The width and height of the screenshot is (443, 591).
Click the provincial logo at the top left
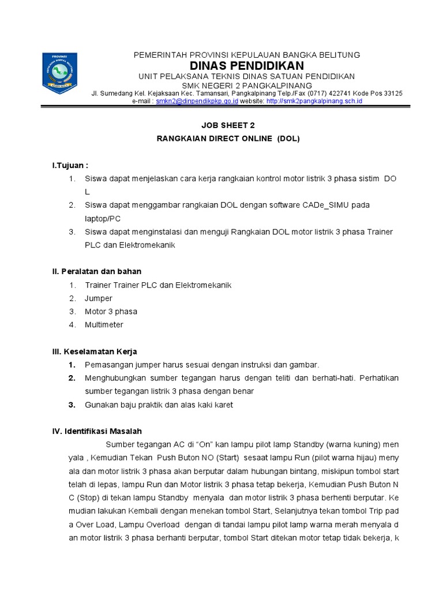click(60, 74)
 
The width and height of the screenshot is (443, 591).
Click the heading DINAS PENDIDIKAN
click(247, 66)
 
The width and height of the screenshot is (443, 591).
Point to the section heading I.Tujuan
click(70, 166)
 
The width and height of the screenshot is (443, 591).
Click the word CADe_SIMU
click(325, 205)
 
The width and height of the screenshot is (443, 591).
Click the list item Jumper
click(99, 298)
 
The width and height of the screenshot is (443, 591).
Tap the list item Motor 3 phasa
click(111, 312)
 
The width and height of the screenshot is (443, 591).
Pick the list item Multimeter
click(104, 325)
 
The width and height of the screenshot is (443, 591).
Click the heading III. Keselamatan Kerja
click(95, 351)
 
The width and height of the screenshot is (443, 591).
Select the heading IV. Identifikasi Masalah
click(97, 431)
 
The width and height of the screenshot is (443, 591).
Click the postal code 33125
click(393, 93)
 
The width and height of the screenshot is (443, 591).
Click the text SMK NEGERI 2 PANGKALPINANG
click(247, 85)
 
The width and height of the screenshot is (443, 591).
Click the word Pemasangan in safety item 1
click(107, 365)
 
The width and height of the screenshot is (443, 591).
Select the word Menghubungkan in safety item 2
click(114, 378)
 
